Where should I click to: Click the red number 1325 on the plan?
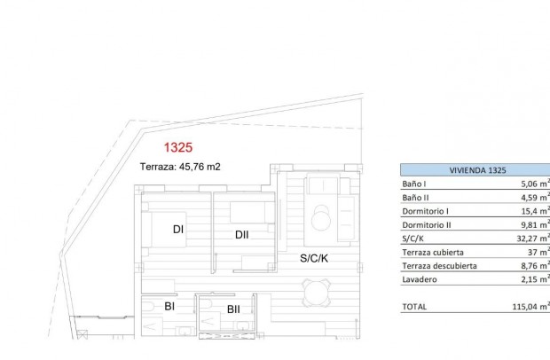[179, 148]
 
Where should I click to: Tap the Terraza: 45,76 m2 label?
[180, 166]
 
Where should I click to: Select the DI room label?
[178, 230]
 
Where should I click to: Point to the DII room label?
[242, 235]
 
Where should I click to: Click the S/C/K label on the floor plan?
[313, 259]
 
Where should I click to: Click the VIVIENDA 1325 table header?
[477, 169]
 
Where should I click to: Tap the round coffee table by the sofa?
[321, 217]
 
